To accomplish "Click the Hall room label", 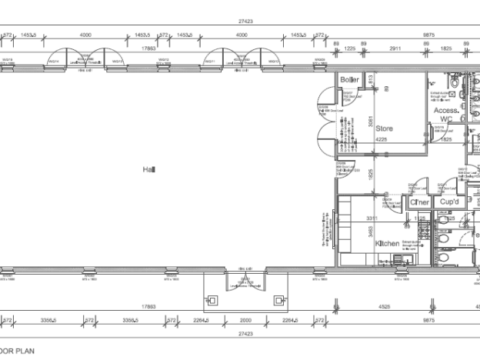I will click(x=148, y=168).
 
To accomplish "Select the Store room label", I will click(x=385, y=128).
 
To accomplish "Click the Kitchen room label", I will click(x=387, y=243).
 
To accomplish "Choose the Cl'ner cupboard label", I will click(x=420, y=202).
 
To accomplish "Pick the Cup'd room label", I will click(x=449, y=202).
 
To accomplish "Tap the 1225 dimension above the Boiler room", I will click(x=350, y=48).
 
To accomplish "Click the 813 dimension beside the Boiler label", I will click(x=370, y=80).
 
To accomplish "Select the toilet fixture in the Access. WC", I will click(x=455, y=82).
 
